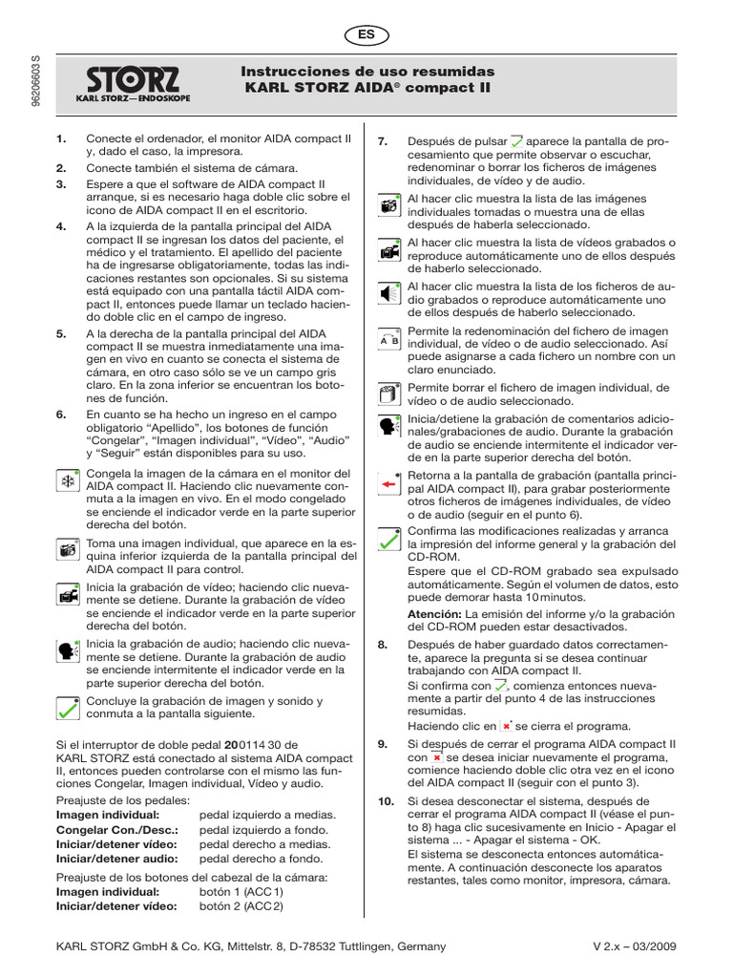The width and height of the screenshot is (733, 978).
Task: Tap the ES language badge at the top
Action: click(366, 34)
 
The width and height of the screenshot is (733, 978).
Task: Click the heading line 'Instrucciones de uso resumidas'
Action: click(367, 72)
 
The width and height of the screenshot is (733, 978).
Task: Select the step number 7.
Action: click(383, 141)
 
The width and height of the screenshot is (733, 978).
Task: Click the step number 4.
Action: click(61, 226)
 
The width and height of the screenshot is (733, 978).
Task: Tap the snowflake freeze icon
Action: click(68, 482)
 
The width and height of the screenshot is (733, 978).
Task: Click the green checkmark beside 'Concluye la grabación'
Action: click(68, 708)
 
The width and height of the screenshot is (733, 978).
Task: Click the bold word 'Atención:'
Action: click(435, 613)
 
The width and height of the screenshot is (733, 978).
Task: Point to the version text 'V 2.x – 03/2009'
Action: click(635, 946)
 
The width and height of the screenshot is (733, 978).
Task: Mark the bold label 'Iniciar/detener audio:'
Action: click(118, 859)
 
